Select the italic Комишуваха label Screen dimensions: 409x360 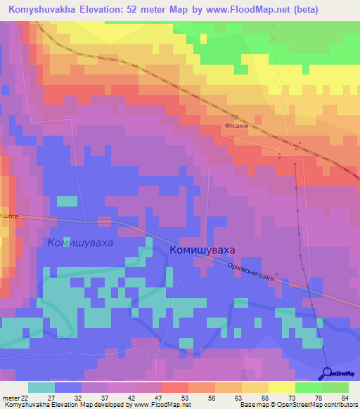[79, 242]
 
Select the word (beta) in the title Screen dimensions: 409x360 [284, 10]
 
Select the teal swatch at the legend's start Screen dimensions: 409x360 [41, 387]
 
